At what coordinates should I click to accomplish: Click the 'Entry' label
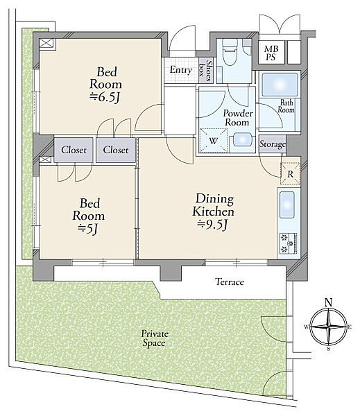181,70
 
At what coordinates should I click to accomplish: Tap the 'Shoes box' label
206,71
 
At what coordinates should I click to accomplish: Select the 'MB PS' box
271,53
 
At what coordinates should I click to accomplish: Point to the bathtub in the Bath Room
280,85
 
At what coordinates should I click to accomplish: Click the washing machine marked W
214,141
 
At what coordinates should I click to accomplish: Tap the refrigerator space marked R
291,174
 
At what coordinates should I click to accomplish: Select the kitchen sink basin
287,205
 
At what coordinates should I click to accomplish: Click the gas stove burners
288,243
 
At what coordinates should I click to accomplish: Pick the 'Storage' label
273,144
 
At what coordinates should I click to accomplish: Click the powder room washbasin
242,140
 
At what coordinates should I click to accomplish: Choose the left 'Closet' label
74,150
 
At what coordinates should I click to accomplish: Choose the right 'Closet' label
116,150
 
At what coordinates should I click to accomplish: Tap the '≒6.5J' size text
105,98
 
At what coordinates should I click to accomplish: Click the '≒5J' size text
88,229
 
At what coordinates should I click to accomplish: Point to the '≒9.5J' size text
213,225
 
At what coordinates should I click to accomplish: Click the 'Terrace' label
230,281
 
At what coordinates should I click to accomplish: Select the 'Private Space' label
155,338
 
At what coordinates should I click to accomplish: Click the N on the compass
329,303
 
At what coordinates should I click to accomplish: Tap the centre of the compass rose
329,327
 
